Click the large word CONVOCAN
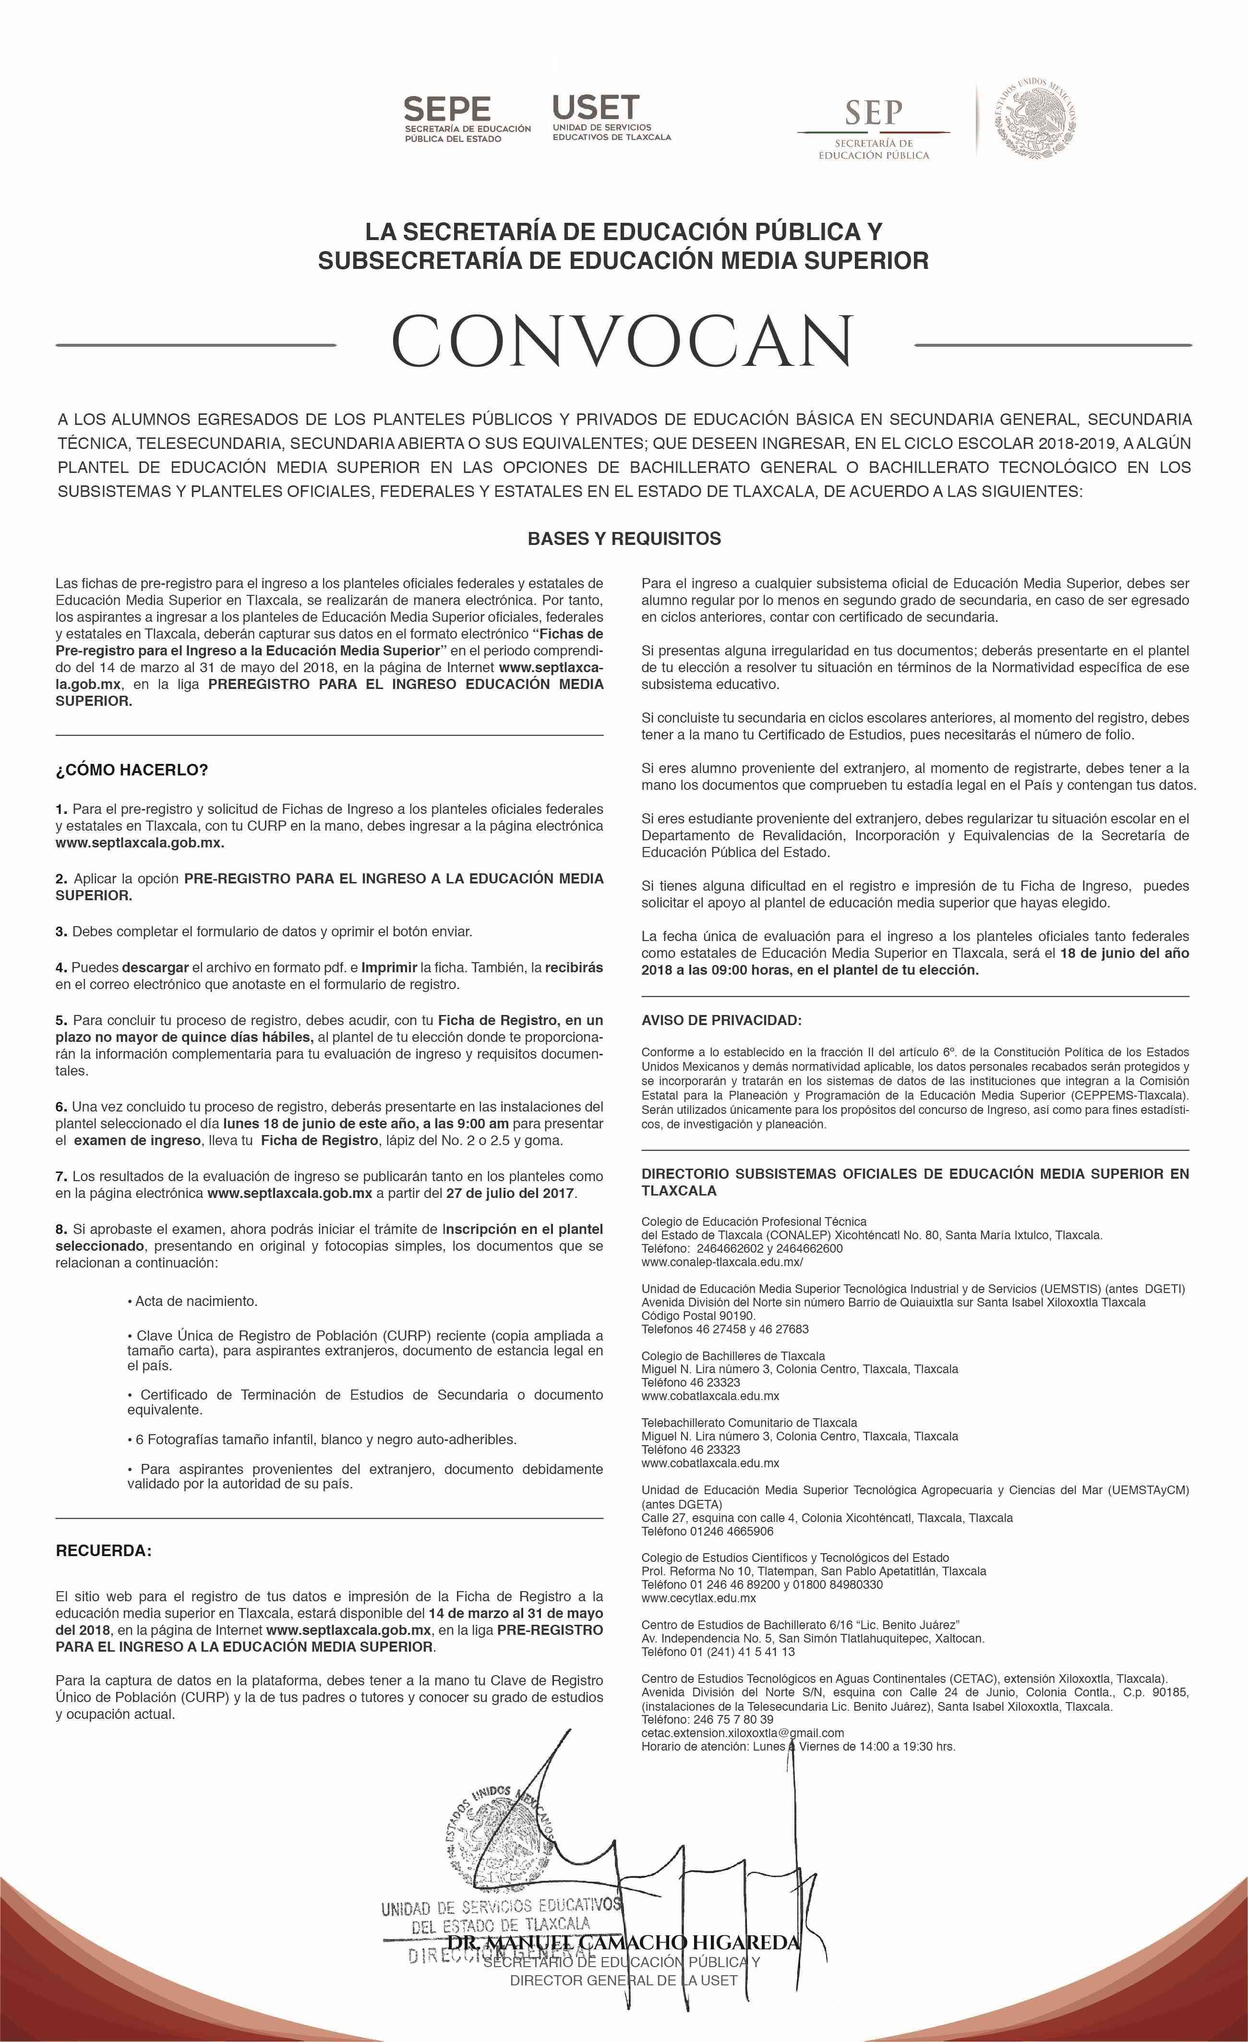click(x=623, y=341)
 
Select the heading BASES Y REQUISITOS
click(x=624, y=539)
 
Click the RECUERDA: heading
click(x=104, y=1550)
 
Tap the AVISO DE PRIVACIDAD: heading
click(x=721, y=1020)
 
